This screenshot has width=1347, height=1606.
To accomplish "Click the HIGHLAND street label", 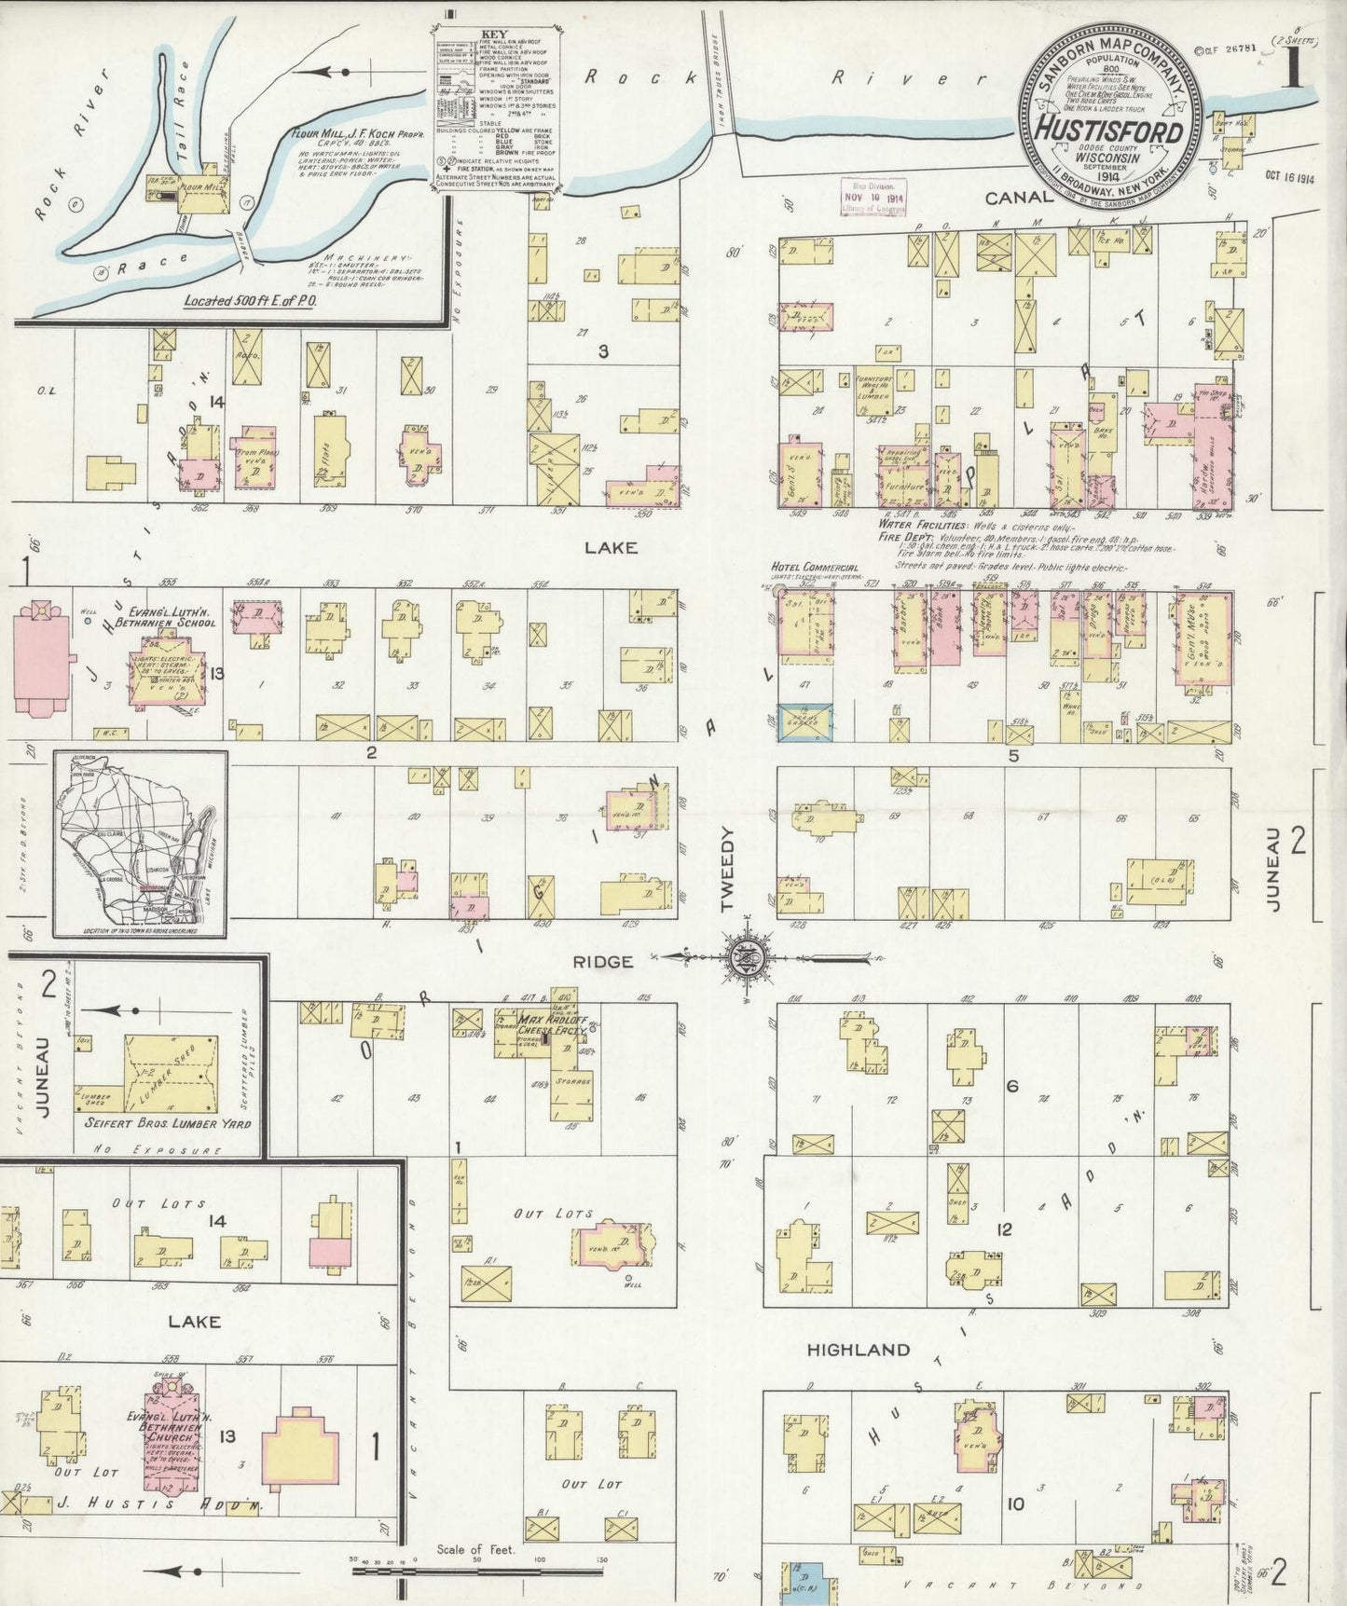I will [x=858, y=1349].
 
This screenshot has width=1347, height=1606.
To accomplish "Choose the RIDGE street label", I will [x=603, y=961].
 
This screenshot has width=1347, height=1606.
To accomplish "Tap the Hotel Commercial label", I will [x=815, y=568].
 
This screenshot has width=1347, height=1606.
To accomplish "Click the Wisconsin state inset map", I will [x=140, y=844].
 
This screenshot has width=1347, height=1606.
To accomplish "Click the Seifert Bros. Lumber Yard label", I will [x=168, y=1123].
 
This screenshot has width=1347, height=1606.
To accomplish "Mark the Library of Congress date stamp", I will [x=873, y=198].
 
